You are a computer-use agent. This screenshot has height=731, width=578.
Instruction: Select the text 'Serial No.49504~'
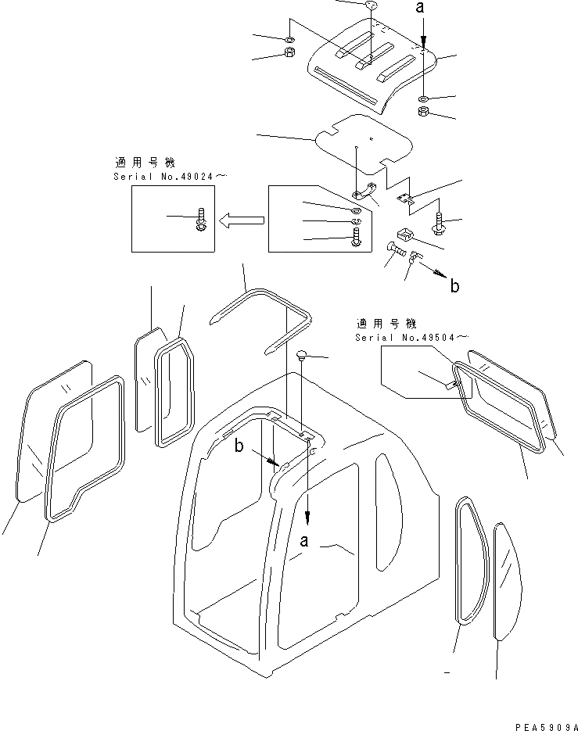tap(411, 337)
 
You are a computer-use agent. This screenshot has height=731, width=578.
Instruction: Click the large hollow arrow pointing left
tap(242, 221)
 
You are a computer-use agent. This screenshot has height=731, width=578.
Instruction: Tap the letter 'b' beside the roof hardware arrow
tap(454, 285)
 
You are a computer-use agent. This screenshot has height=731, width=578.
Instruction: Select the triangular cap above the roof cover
tap(372, 6)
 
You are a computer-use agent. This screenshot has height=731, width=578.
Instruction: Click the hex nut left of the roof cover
tap(287, 54)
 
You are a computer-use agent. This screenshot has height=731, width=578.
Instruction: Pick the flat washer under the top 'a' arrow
tap(422, 99)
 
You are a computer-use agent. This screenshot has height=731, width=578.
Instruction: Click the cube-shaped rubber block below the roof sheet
tap(405, 233)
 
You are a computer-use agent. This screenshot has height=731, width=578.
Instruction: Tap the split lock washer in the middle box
tap(356, 223)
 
